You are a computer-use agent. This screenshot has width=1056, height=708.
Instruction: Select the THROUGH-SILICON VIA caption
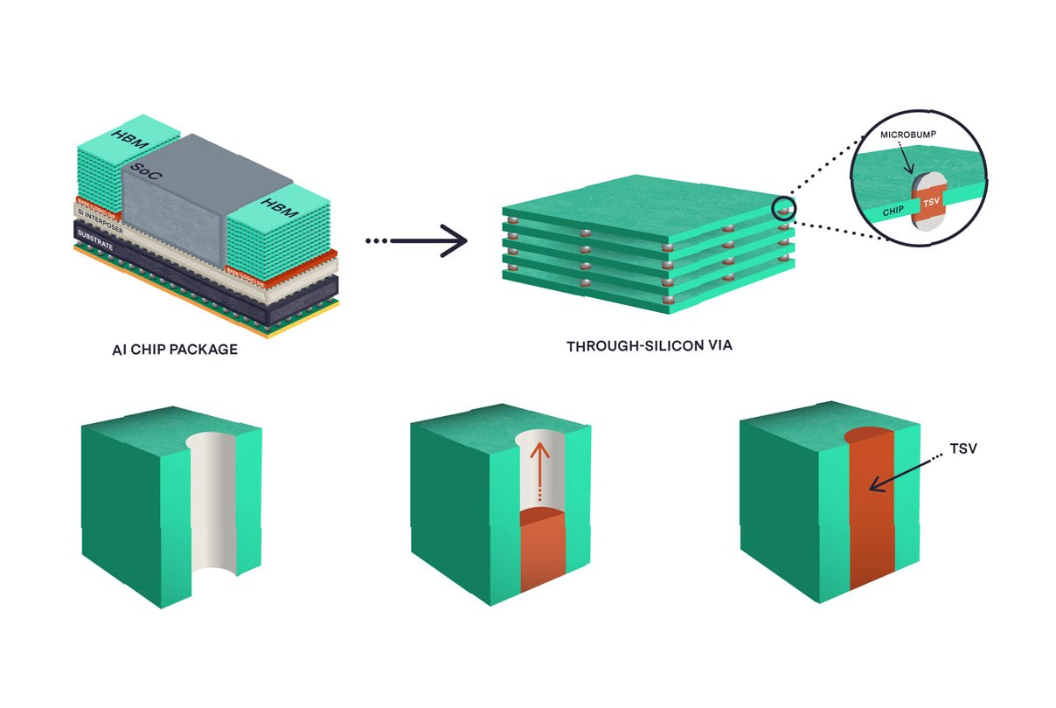(x=649, y=346)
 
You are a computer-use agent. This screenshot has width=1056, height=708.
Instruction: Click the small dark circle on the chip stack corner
(x=784, y=210)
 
